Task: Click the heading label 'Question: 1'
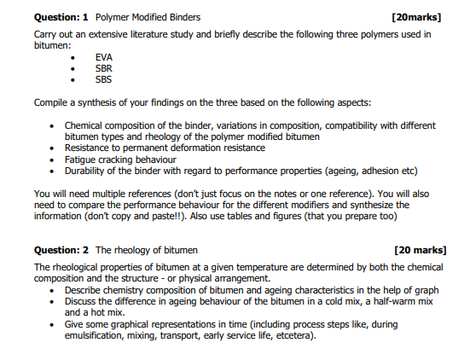(61, 16)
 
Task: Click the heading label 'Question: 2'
(61, 250)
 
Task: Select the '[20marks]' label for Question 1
(415, 16)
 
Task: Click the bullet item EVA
(104, 57)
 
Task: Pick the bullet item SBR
(104, 68)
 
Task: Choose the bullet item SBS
(104, 79)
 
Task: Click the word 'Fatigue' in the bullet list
(81, 159)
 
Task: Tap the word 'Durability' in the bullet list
(87, 170)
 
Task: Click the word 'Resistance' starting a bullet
(89, 148)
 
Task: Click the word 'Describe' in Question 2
(85, 290)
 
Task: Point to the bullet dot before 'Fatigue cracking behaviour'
(54, 159)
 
